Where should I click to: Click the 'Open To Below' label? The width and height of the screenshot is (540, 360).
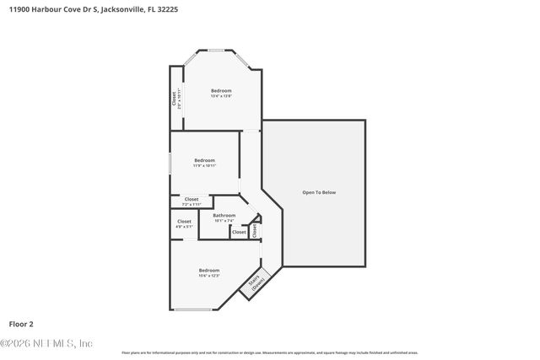point(319,193)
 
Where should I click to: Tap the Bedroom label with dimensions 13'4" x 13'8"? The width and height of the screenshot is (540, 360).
point(221,93)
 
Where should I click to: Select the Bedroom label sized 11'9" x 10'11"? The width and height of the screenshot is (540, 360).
point(204,163)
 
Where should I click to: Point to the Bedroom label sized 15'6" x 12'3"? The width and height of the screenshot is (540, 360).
point(208,272)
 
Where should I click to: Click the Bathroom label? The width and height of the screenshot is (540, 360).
point(224,218)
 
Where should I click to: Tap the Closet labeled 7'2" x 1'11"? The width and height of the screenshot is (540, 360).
point(192,201)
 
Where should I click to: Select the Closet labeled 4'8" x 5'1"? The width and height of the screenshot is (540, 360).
point(184,223)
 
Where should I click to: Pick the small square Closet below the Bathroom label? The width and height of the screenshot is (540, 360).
point(239,232)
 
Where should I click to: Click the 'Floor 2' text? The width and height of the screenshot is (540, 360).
point(21,323)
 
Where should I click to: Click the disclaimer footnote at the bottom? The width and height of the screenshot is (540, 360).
point(270,352)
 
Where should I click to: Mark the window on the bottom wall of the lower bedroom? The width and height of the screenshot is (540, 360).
point(193,310)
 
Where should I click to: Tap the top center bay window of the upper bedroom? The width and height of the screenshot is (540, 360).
point(222,51)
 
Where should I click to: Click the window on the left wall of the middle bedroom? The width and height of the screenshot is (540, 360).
point(171,162)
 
